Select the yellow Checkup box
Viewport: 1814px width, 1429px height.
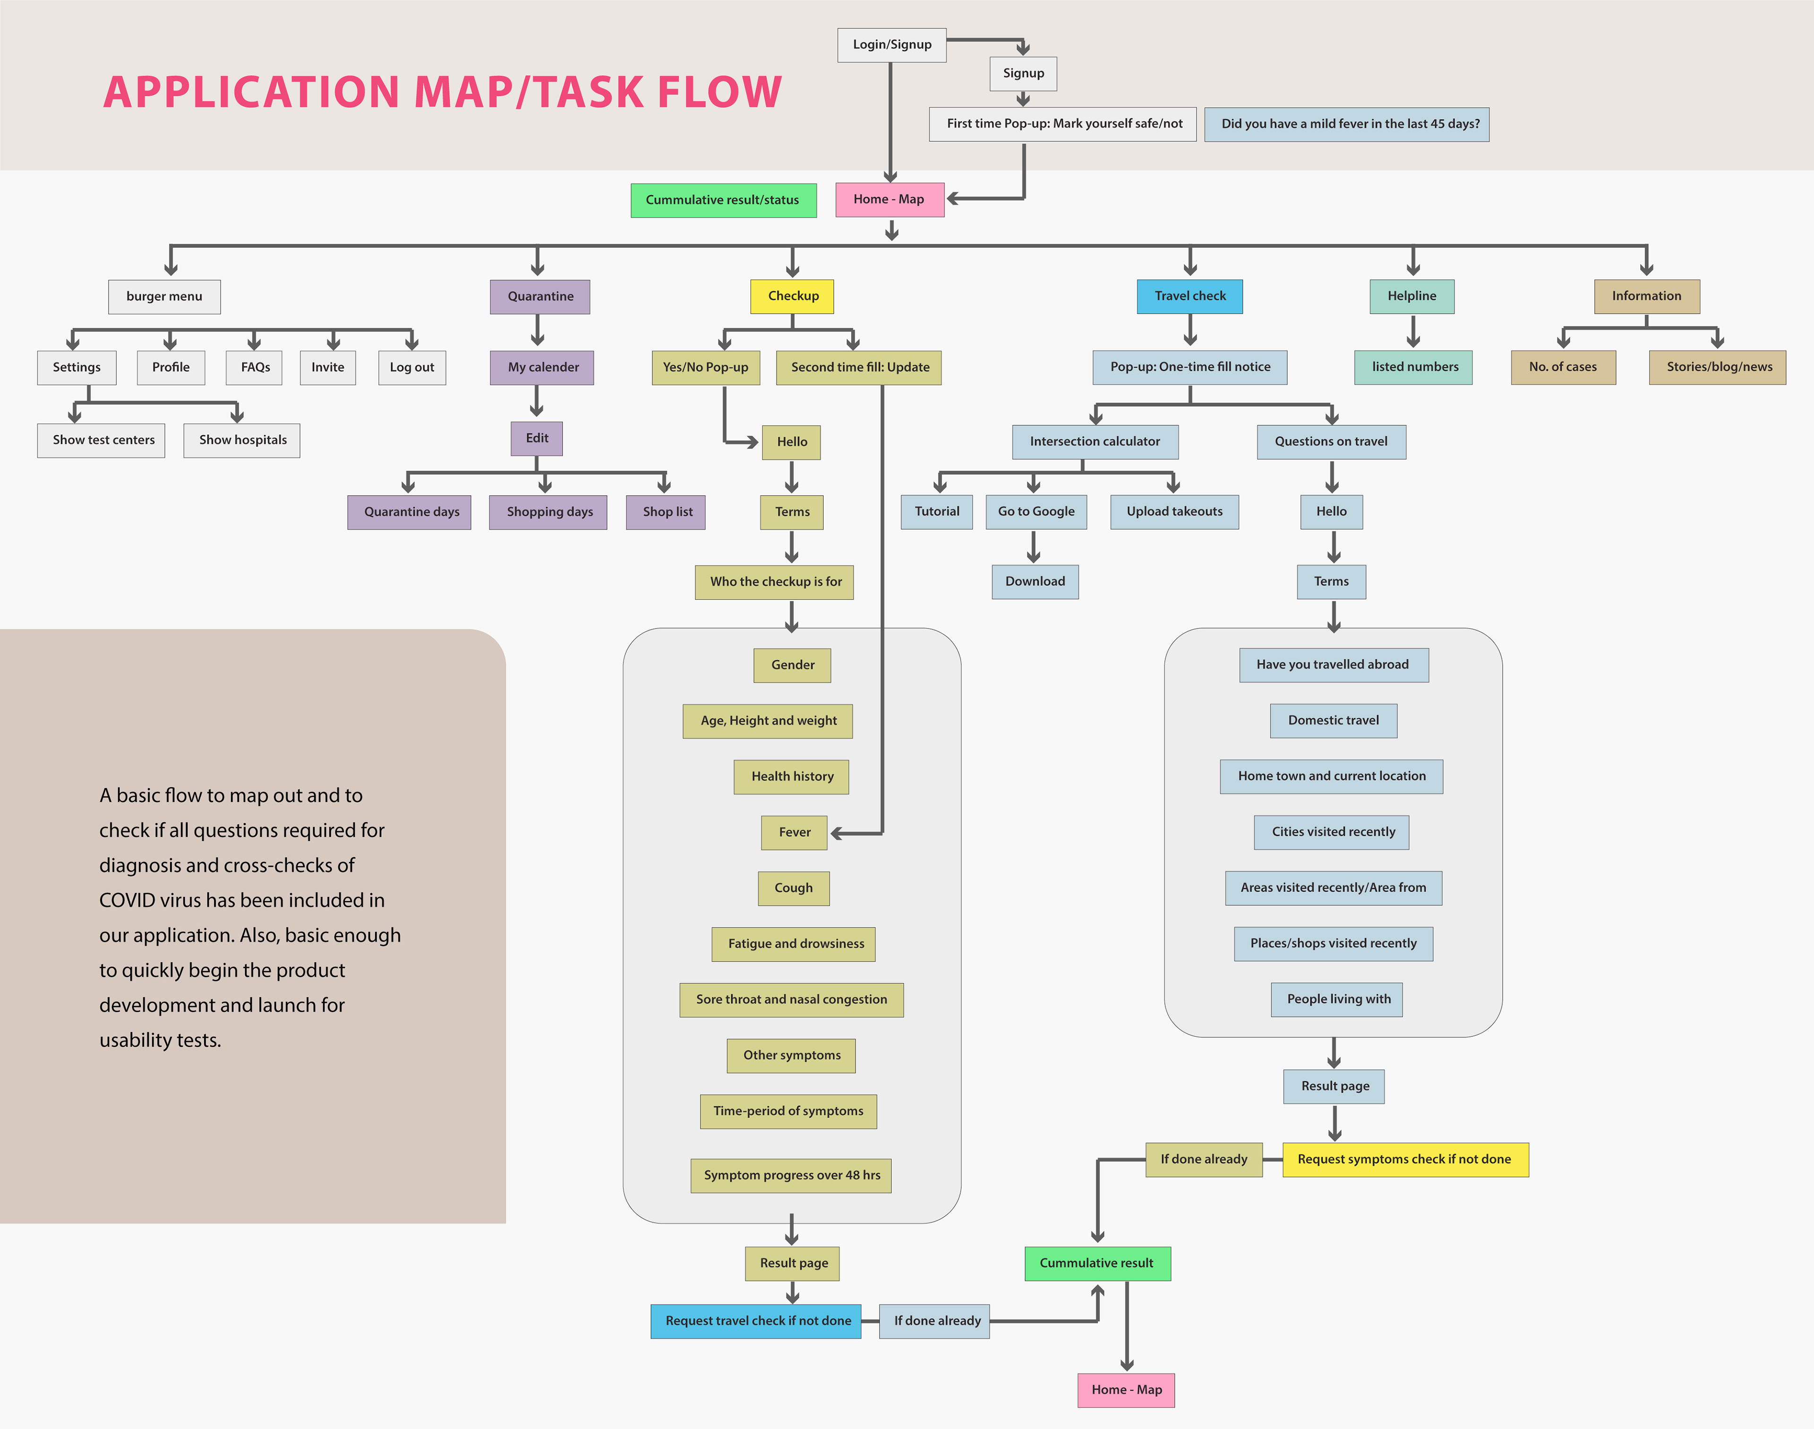(x=792, y=296)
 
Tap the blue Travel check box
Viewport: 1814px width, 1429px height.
(x=1189, y=296)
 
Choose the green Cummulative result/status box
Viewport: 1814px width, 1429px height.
(x=723, y=200)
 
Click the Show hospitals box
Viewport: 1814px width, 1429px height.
(x=242, y=440)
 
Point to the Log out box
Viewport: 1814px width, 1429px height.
(x=411, y=367)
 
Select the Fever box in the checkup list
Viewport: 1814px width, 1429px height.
(x=794, y=833)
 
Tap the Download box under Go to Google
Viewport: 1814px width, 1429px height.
(x=1035, y=581)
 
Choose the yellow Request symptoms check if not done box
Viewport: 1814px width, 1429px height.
(x=1405, y=1160)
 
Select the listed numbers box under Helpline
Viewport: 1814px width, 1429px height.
(x=1413, y=367)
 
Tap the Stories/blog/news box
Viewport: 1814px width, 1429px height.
(x=1717, y=367)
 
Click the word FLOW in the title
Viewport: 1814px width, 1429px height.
(x=719, y=92)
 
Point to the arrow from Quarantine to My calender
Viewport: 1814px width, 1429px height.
(x=538, y=330)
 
